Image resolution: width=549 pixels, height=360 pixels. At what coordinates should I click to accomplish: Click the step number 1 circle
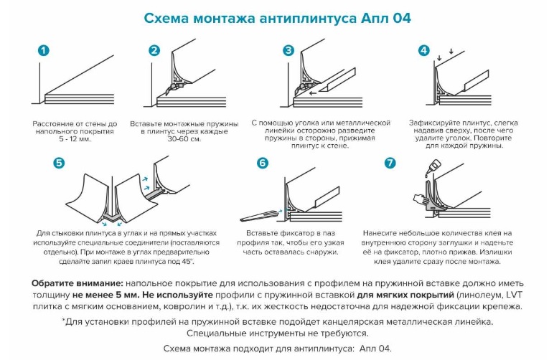click(43, 51)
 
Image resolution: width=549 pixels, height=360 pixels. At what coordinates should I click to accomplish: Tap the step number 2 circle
click(154, 50)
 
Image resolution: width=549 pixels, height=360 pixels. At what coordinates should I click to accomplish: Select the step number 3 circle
click(288, 50)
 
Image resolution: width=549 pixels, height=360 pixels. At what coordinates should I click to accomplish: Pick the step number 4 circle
click(423, 50)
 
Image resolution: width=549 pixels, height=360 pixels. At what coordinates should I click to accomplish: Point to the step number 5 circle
click(59, 163)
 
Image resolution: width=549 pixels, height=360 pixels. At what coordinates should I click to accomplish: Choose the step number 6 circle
click(262, 163)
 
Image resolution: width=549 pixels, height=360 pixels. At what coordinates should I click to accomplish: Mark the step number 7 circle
click(390, 163)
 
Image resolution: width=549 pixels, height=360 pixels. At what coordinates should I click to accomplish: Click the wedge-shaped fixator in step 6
click(260, 216)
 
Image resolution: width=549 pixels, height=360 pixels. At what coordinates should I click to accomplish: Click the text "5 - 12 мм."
click(75, 139)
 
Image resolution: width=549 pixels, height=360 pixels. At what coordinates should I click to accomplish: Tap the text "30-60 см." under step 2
click(184, 139)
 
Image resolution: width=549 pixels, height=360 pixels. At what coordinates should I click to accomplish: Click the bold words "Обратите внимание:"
click(78, 283)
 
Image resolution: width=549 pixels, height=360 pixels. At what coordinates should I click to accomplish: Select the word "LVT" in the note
click(514, 295)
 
